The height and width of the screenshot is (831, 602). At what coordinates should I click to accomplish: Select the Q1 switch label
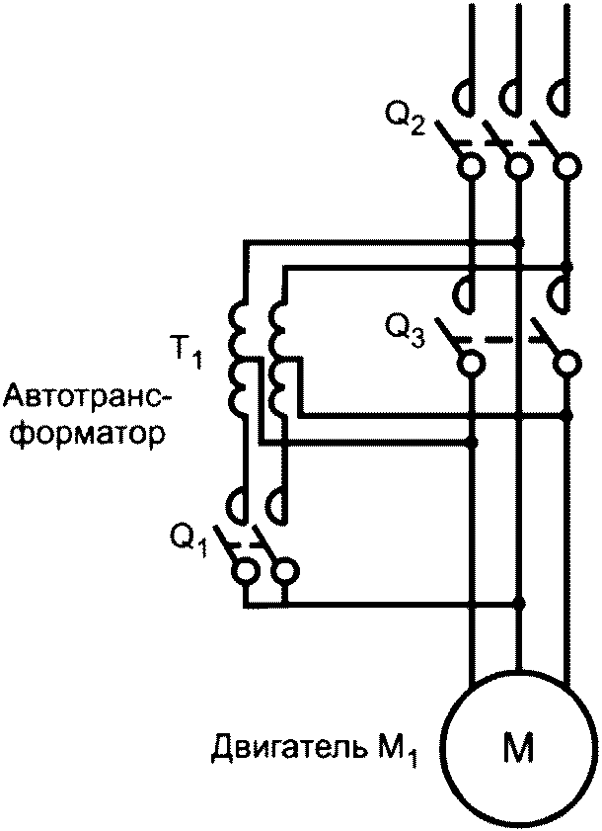click(189, 539)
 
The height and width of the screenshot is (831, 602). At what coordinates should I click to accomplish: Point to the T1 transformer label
click(186, 352)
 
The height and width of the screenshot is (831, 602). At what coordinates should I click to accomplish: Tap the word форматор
click(83, 434)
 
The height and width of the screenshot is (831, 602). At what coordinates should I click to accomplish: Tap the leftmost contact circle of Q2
click(471, 166)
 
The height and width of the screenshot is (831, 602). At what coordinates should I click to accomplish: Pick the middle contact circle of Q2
click(518, 166)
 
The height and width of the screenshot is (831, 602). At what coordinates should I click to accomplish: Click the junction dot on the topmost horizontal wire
click(520, 242)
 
